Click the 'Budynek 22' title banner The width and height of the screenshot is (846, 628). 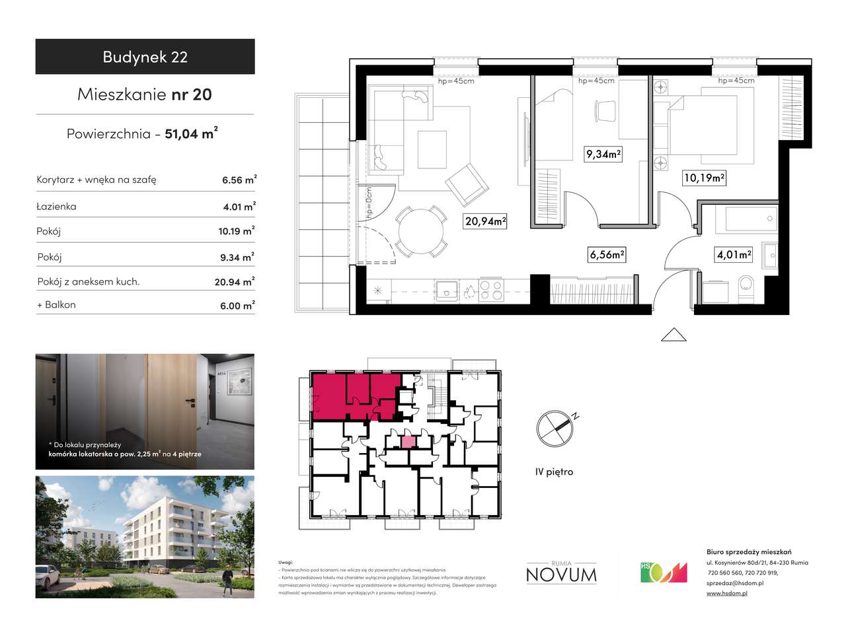(x=145, y=57)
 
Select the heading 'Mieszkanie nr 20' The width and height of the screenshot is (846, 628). (x=145, y=94)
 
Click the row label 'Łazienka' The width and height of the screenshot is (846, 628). (x=58, y=206)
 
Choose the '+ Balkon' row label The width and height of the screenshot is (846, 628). (x=57, y=304)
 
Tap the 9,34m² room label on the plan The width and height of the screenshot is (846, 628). (x=603, y=155)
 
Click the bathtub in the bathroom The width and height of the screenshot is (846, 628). (x=751, y=219)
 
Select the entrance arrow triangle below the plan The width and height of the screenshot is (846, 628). (x=673, y=335)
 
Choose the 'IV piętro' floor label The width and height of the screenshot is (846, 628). (x=554, y=471)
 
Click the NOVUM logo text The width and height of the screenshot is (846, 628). (x=561, y=575)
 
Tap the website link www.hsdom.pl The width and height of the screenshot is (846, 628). (x=726, y=594)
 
